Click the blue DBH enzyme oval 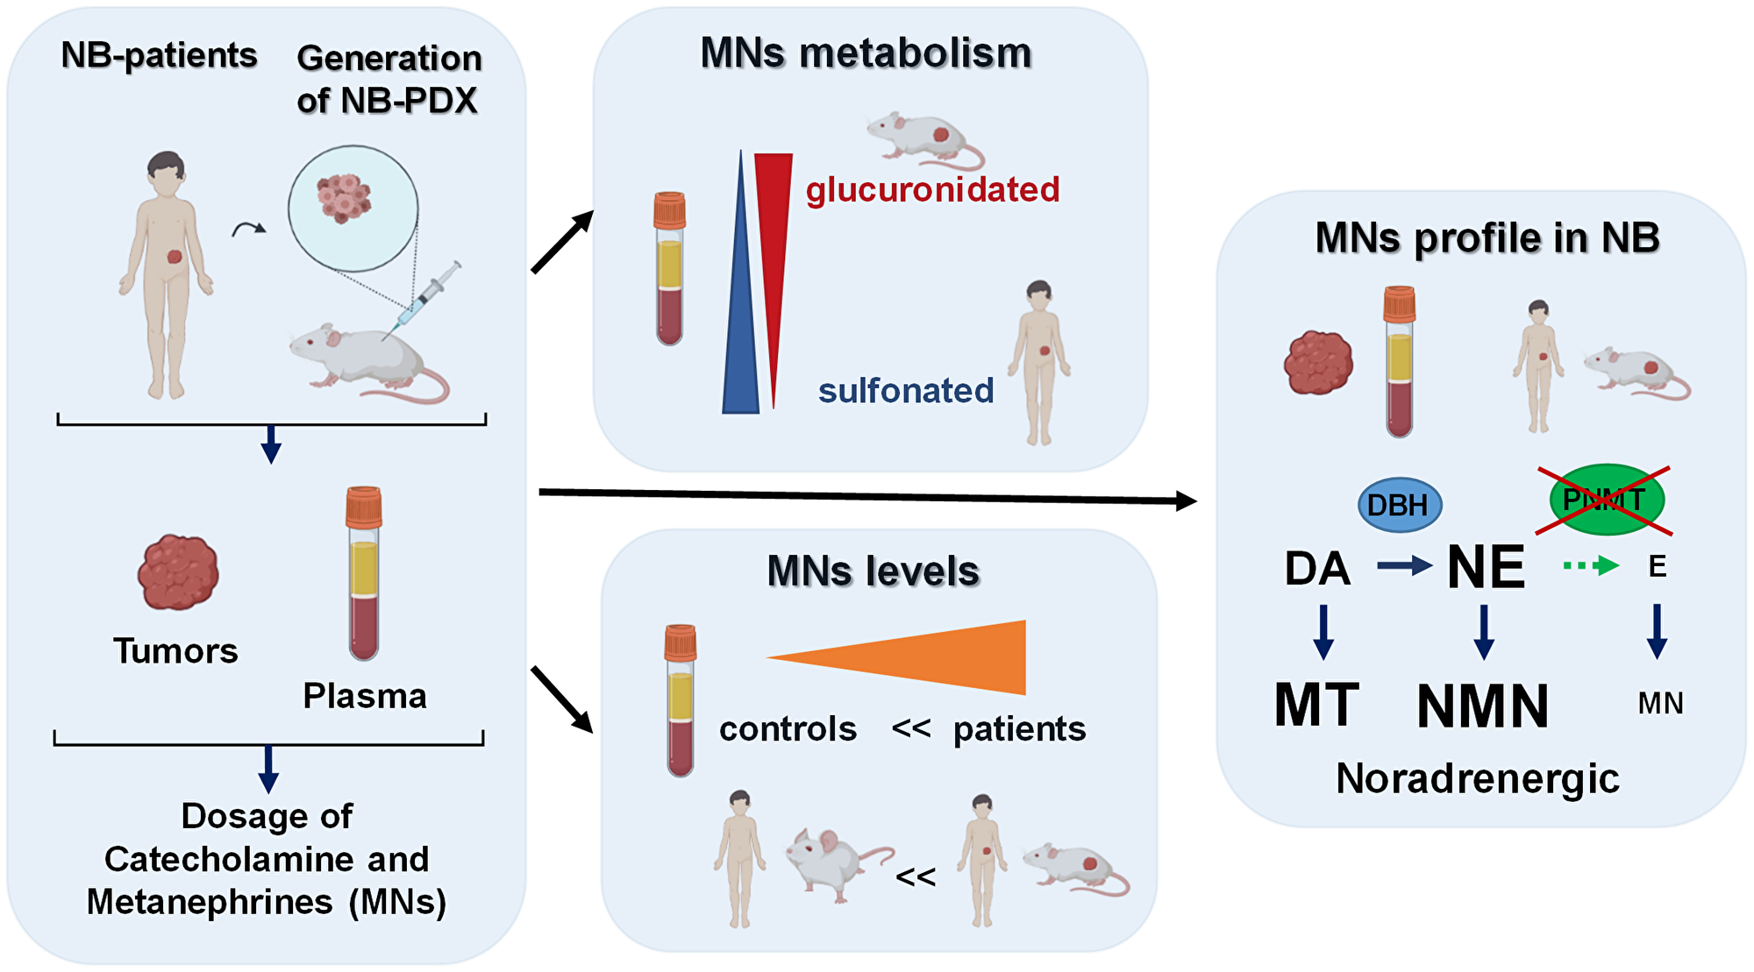point(1399,505)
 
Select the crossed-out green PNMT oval point(1606,500)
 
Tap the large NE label point(1486,567)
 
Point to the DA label point(1317,569)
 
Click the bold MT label point(1316,705)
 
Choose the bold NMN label point(1483,706)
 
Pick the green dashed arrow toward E point(1591,566)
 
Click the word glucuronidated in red point(932,189)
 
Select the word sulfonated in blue point(906,391)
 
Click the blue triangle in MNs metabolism point(741,333)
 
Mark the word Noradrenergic point(1478,778)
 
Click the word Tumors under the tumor point(175,651)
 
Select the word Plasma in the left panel point(365,696)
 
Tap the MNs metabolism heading point(866,53)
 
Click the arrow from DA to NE point(1404,566)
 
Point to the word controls point(788,729)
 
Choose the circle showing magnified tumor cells point(353,209)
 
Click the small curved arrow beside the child point(248,230)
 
